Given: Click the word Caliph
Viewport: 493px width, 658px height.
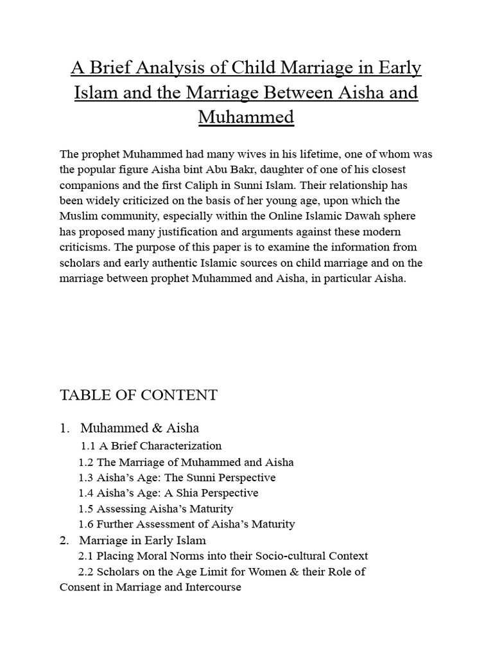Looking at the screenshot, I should (x=214, y=185).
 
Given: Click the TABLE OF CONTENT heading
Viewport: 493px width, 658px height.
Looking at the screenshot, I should (x=139, y=395).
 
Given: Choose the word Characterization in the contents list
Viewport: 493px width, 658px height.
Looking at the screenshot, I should (x=179, y=446).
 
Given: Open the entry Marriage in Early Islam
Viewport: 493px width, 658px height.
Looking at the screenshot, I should (x=143, y=540).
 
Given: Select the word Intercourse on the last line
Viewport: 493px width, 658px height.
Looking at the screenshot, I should (x=212, y=587).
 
